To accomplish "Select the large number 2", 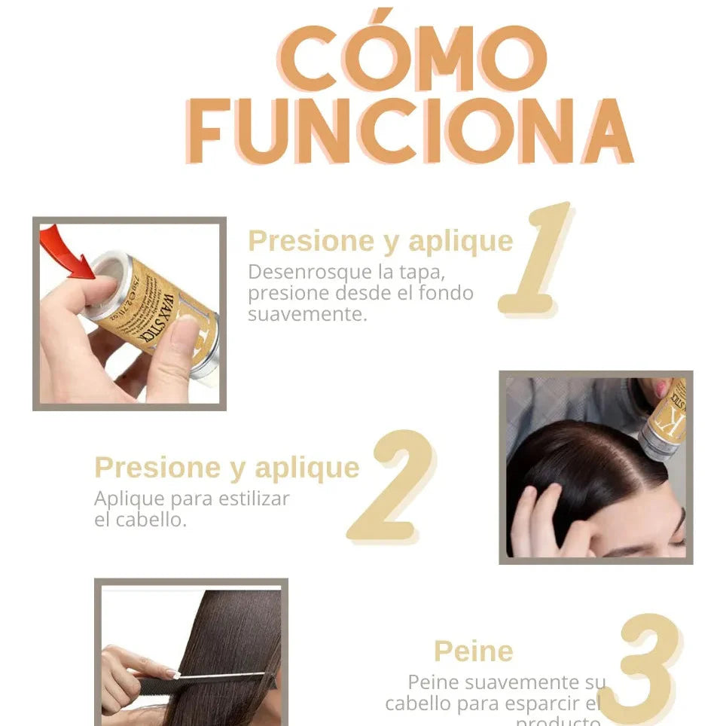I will click(x=392, y=486).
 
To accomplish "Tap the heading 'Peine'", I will click(x=473, y=651).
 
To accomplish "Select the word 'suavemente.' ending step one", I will click(x=307, y=313).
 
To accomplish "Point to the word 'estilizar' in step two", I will click(x=253, y=499).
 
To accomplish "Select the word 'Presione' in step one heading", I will click(x=291, y=241).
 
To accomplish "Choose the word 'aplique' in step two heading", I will click(x=307, y=468).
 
